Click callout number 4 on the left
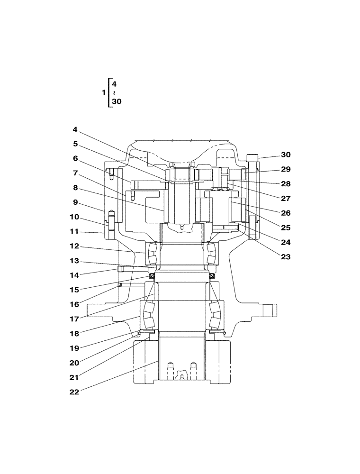click(x=75, y=129)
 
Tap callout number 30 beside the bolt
click(x=286, y=155)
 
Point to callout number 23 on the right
click(x=286, y=257)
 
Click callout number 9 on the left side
click(x=75, y=202)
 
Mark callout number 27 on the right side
click(x=286, y=199)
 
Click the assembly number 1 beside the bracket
click(x=104, y=93)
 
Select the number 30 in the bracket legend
click(x=117, y=101)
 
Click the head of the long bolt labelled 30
click(x=253, y=157)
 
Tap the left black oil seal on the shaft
click(x=152, y=276)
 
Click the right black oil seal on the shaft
click(x=212, y=276)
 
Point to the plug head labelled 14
click(x=120, y=269)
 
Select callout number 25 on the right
click(x=286, y=228)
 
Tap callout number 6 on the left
click(x=75, y=158)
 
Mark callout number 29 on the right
click(x=286, y=169)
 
